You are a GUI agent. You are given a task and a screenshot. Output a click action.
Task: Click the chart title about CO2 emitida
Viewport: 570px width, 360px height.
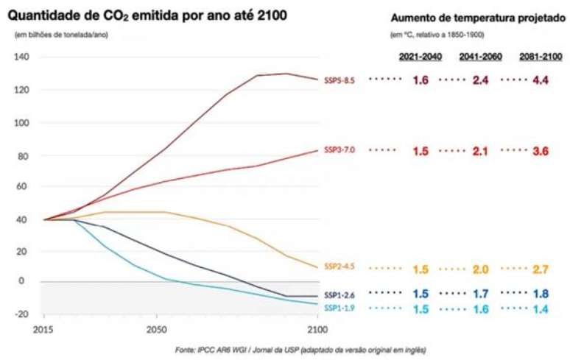click(x=147, y=15)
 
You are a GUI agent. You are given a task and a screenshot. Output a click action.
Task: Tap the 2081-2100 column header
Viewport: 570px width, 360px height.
click(x=539, y=57)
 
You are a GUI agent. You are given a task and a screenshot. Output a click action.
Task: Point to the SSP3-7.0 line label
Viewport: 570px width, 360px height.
click(x=339, y=149)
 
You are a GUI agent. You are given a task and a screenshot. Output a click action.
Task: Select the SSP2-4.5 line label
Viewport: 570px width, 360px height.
click(x=339, y=267)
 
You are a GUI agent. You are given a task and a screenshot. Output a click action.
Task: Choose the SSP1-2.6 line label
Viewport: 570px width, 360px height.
click(x=339, y=294)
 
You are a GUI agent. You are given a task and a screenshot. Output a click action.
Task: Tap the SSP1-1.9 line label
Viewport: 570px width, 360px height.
click(x=339, y=308)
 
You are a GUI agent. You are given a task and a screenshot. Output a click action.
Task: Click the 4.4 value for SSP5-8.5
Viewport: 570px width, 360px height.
click(x=541, y=80)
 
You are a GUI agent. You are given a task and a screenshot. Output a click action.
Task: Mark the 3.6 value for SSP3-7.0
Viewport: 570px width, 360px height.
click(x=541, y=151)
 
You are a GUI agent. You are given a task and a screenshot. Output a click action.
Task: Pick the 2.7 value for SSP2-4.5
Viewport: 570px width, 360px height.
click(x=541, y=269)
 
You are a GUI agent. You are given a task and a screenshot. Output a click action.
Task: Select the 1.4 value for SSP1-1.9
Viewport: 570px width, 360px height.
click(x=541, y=309)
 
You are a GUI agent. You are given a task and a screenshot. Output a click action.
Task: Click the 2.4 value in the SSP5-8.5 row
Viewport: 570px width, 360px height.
click(x=480, y=80)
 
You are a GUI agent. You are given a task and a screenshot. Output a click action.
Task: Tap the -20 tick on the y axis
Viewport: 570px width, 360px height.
click(x=21, y=314)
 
